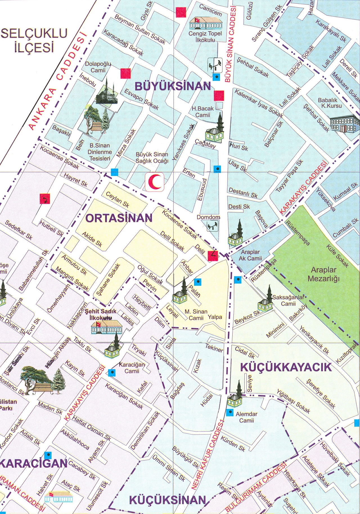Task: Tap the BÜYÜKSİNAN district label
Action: (173, 86)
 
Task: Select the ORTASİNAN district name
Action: (119, 218)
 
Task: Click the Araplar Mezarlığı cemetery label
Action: (323, 274)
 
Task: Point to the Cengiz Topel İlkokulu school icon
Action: (206, 23)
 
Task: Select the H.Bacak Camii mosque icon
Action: (215, 129)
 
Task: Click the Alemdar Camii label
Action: (246, 417)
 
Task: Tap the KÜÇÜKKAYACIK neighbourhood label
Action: (286, 367)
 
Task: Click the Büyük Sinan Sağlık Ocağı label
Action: (152, 158)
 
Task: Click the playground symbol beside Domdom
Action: (212, 226)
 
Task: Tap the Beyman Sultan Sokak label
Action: (140, 30)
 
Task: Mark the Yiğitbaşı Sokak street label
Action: (293, 401)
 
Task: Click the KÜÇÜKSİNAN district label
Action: (168, 500)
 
